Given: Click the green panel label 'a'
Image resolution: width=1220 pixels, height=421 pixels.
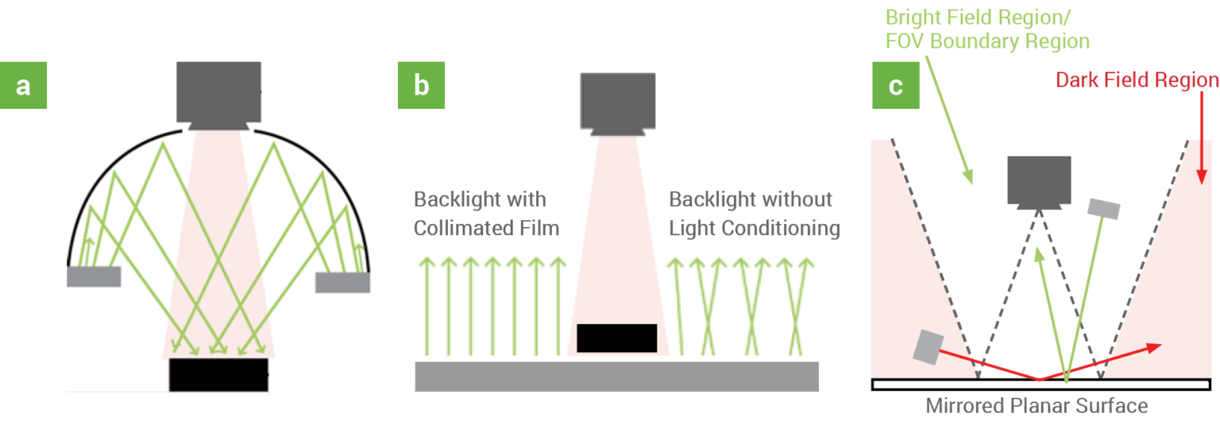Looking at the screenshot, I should (23, 84).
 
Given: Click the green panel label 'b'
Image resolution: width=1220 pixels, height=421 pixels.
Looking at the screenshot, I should (421, 84).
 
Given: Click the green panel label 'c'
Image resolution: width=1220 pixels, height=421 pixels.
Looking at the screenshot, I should (896, 84).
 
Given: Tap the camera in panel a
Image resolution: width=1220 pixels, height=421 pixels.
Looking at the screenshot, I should (218, 93).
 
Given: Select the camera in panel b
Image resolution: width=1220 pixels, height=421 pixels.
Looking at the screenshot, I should (618, 101).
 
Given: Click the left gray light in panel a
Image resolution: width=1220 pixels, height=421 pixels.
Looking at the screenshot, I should (94, 276).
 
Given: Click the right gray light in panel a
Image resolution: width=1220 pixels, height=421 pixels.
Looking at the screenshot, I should (342, 282).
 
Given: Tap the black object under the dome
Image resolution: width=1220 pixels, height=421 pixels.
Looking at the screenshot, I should (218, 375).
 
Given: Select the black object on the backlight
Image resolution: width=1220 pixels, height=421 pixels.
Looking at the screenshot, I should (617, 338).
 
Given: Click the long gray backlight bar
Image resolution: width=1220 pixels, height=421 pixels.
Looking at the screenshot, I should (616, 376).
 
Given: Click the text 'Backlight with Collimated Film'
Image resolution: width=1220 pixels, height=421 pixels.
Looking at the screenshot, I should (486, 214).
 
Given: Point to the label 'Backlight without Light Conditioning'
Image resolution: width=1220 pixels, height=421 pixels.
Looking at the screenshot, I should (754, 214).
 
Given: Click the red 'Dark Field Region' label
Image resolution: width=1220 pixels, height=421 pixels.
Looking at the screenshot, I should (1137, 79).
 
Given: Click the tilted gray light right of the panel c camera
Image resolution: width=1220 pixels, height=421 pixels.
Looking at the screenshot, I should (1105, 208).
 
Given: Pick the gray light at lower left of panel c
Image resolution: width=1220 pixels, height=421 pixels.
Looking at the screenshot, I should (927, 346).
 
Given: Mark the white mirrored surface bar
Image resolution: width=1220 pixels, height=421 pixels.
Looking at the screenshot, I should (1037, 384).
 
